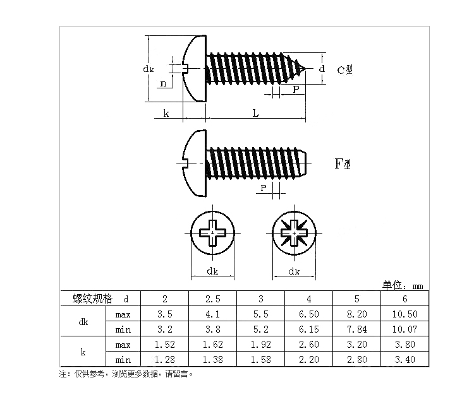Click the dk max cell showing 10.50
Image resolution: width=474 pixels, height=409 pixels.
tap(404, 314)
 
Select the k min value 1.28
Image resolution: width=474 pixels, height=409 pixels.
tap(165, 360)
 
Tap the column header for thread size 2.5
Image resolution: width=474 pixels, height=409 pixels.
tap(212, 299)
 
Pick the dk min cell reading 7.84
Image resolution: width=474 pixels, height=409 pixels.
tap(356, 329)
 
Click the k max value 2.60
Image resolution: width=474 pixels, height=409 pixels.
tap(308, 345)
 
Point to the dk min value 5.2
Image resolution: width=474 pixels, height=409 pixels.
tap(260, 329)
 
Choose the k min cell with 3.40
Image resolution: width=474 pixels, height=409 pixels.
tap(404, 360)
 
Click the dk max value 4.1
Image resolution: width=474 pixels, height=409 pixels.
tap(212, 314)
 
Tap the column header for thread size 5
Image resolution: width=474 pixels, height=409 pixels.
tap(356, 299)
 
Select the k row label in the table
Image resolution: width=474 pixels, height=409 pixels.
tap(83, 352)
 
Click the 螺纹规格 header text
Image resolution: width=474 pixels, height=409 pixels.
tap(92, 299)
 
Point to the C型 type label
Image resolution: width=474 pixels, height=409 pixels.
tap(344, 70)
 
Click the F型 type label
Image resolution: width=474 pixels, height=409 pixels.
tap(343, 164)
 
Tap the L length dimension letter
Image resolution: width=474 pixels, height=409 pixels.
tap(256, 114)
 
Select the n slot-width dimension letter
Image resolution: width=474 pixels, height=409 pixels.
tap(163, 83)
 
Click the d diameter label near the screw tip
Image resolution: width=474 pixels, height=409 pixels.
tap(322, 69)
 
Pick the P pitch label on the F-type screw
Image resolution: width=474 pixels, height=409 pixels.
tap(264, 187)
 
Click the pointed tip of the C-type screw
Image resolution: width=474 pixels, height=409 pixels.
tap(305, 69)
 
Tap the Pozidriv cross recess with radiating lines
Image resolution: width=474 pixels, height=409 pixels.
tap(294, 233)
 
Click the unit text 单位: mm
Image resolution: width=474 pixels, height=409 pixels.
tap(403, 285)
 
